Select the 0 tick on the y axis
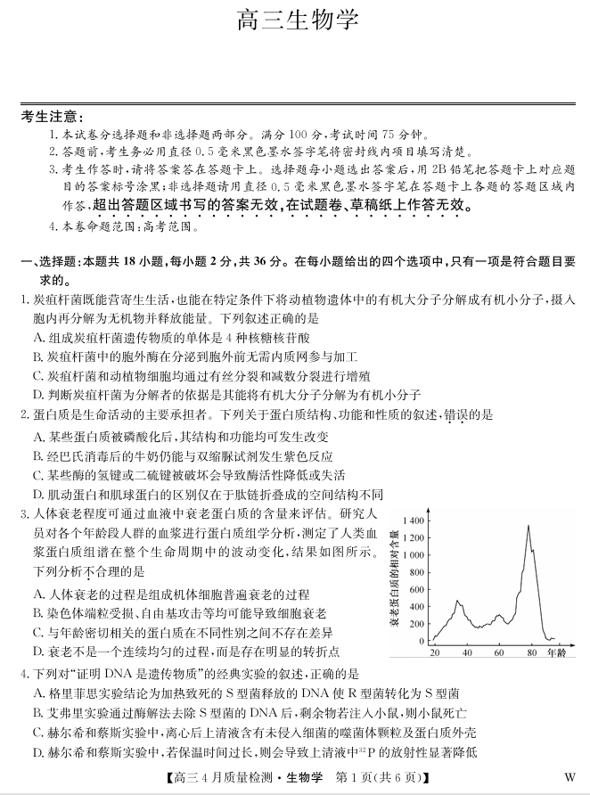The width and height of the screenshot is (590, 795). pyautogui.click(x=422, y=641)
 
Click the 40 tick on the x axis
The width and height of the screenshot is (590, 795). pyautogui.click(x=467, y=653)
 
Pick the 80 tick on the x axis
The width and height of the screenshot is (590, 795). pyautogui.click(x=531, y=653)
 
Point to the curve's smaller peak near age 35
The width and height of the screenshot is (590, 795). pyautogui.click(x=458, y=602)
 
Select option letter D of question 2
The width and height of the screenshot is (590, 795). pyautogui.click(x=38, y=494)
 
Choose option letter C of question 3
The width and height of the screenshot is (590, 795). pyautogui.click(x=38, y=632)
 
